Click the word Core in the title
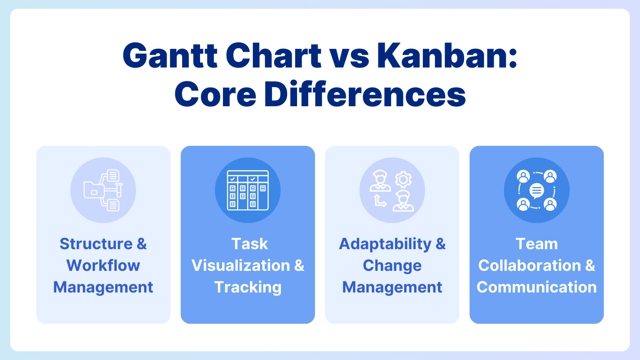pyautogui.click(x=215, y=94)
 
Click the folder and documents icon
pyautogui.click(x=103, y=190)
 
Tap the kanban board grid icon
pyautogui.click(x=247, y=190)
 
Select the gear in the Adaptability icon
pyautogui.click(x=403, y=180)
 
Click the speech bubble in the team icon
pyautogui.click(x=537, y=191)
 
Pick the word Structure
pyautogui.click(x=96, y=244)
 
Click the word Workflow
pyautogui.click(x=103, y=265)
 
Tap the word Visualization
pyautogui.click(x=240, y=265)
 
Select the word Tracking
pyautogui.click(x=247, y=287)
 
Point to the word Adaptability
pyautogui.click(x=385, y=244)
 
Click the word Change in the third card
pyautogui.click(x=392, y=265)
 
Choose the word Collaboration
pyautogui.click(x=529, y=265)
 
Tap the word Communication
pyautogui.click(x=537, y=287)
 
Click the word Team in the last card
pyautogui.click(x=537, y=244)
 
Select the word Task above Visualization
pyautogui.click(x=249, y=244)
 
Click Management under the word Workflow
pyautogui.click(x=103, y=287)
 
